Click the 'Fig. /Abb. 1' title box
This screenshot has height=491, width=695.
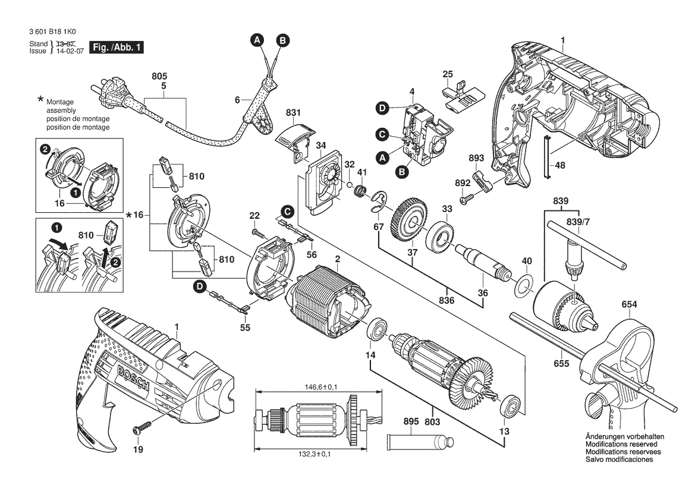tap(116, 48)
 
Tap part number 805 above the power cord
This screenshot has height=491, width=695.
tap(159, 77)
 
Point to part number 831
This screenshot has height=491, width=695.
tap(293, 112)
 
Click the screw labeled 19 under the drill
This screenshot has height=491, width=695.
tap(142, 427)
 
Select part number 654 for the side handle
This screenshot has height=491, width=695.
tap(630, 305)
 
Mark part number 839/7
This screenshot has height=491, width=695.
tap(574, 222)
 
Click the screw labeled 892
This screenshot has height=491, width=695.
tap(470, 194)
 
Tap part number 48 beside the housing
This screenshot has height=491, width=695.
tap(559, 166)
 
